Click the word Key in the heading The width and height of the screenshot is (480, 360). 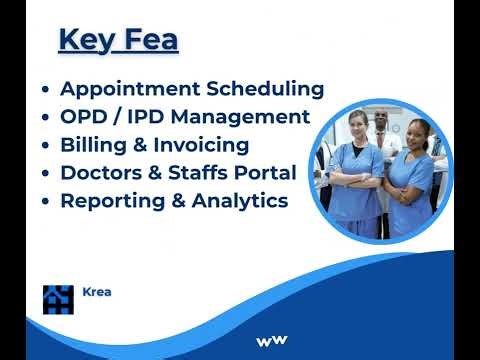pyautogui.click(x=84, y=41)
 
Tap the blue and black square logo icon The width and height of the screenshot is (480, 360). pyautogui.click(x=58, y=298)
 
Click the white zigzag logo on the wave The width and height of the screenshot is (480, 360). pyautogui.click(x=271, y=341)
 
